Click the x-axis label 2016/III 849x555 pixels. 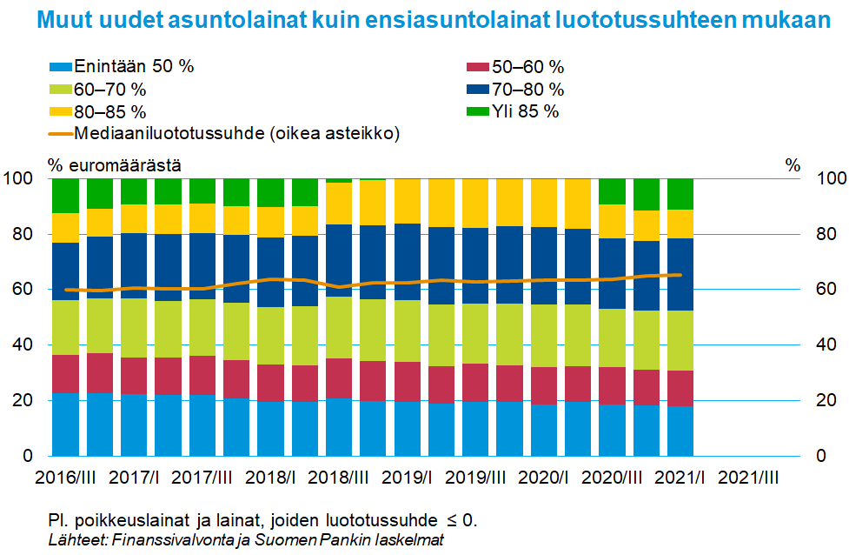coord(65,478)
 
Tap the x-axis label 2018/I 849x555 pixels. coord(270,478)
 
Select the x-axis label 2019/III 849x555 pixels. coord(476,478)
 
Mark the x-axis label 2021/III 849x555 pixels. coord(750,478)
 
